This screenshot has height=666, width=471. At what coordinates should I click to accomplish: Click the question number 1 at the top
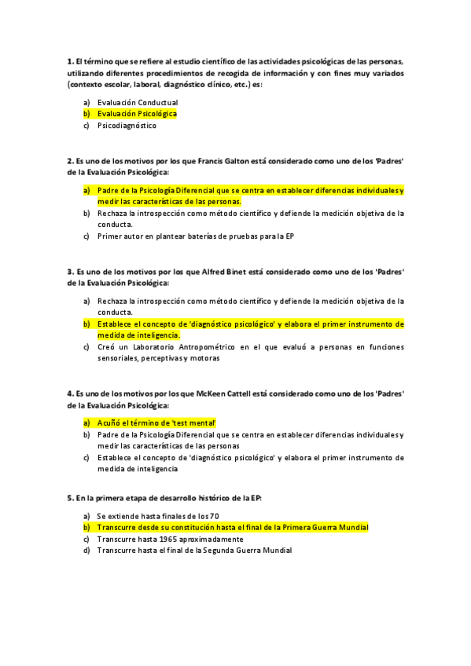pos(70,61)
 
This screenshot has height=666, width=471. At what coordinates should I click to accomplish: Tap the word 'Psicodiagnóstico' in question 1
pos(127,126)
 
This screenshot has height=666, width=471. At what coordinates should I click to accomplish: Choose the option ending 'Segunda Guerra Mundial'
pos(193,551)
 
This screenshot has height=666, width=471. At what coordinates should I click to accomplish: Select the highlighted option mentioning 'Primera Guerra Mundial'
pos(232,527)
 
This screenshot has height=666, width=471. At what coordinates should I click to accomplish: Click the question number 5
pos(70,498)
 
